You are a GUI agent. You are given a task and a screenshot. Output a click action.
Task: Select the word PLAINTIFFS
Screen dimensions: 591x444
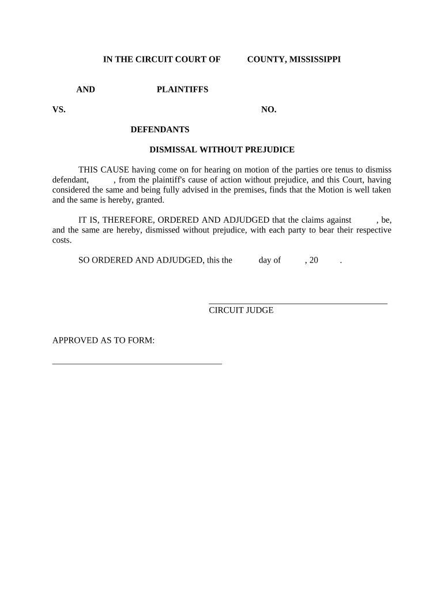182,89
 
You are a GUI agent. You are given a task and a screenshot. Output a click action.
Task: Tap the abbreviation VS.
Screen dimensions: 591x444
59,110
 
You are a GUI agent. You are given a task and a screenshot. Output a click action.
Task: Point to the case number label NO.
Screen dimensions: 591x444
269,110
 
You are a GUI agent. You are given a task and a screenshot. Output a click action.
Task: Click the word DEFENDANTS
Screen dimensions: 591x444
160,129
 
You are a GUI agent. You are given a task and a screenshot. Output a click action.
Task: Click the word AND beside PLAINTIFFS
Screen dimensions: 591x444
86,89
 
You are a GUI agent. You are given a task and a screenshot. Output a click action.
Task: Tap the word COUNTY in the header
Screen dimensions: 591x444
265,59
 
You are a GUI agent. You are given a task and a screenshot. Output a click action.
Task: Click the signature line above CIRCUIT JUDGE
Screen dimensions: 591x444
298,303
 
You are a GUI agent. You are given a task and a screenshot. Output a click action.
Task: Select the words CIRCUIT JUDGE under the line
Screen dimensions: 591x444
241,310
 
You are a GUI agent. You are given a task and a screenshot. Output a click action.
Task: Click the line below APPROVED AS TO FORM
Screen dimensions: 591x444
137,364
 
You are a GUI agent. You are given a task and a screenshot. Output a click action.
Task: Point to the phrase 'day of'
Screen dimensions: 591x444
269,260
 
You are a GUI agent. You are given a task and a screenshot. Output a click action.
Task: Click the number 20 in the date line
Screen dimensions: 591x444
314,260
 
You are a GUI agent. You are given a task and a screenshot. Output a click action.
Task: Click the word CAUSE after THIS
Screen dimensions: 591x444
115,170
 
